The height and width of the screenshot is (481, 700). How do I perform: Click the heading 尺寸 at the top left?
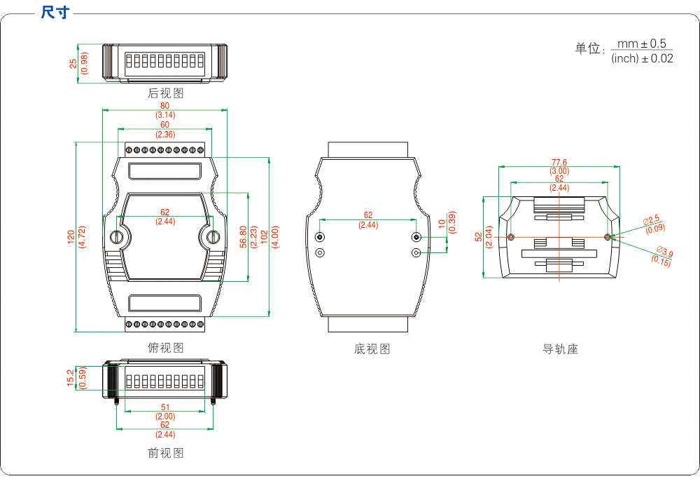(55, 12)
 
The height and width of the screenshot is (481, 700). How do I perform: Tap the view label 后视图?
(166, 93)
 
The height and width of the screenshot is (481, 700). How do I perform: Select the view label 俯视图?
(166, 348)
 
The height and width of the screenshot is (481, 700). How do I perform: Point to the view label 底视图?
(372, 348)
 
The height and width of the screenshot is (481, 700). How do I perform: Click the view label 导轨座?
(560, 348)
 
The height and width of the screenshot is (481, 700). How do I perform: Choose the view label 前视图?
(166, 453)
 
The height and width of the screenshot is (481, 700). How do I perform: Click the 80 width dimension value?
(165, 106)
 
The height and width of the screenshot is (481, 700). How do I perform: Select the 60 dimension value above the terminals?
(165, 125)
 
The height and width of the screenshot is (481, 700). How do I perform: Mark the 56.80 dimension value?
(243, 237)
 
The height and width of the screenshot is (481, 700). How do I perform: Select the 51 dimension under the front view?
(165, 407)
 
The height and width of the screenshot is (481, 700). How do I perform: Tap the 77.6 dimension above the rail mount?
(559, 162)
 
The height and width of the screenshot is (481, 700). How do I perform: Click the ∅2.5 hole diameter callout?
(652, 220)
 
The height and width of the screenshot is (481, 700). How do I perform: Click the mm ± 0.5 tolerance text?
(641, 43)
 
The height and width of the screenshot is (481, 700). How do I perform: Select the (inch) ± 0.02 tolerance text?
(642, 59)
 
